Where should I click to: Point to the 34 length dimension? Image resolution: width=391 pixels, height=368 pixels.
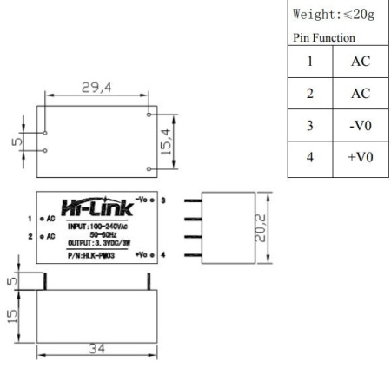coord(96,349)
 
